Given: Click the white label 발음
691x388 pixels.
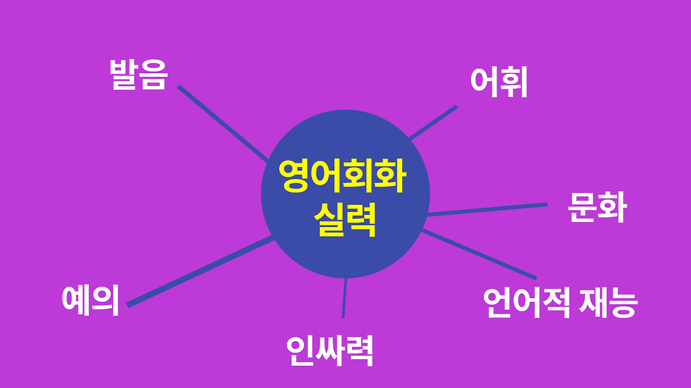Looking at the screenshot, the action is tap(139, 74).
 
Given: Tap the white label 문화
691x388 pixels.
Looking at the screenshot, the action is tap(597, 207).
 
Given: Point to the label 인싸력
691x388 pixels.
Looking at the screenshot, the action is tap(330, 351).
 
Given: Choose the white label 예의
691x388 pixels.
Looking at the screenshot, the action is tap(90, 300).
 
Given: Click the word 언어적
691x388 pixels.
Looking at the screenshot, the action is tap(526, 303).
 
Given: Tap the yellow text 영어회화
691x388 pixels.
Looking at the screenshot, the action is tap(342, 176).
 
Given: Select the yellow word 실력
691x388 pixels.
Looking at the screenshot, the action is tap(344, 219).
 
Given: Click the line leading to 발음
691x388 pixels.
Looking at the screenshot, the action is tap(223, 123).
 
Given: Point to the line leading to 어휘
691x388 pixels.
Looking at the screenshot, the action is tap(433, 122).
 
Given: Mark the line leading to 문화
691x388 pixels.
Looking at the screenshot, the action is tap(487, 210).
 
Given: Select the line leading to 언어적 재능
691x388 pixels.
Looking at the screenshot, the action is tap(479, 254).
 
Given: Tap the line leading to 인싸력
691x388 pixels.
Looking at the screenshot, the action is tap(344, 298).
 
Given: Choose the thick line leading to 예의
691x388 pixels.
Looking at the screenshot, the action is tap(200, 272).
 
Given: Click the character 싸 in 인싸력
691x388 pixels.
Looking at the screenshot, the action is tap(330, 351).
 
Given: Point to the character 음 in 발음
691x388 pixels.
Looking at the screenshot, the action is tap(154, 75).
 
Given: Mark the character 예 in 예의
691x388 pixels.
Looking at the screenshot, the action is tap(76, 300).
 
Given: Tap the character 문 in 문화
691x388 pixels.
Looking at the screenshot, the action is tap(582, 207).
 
